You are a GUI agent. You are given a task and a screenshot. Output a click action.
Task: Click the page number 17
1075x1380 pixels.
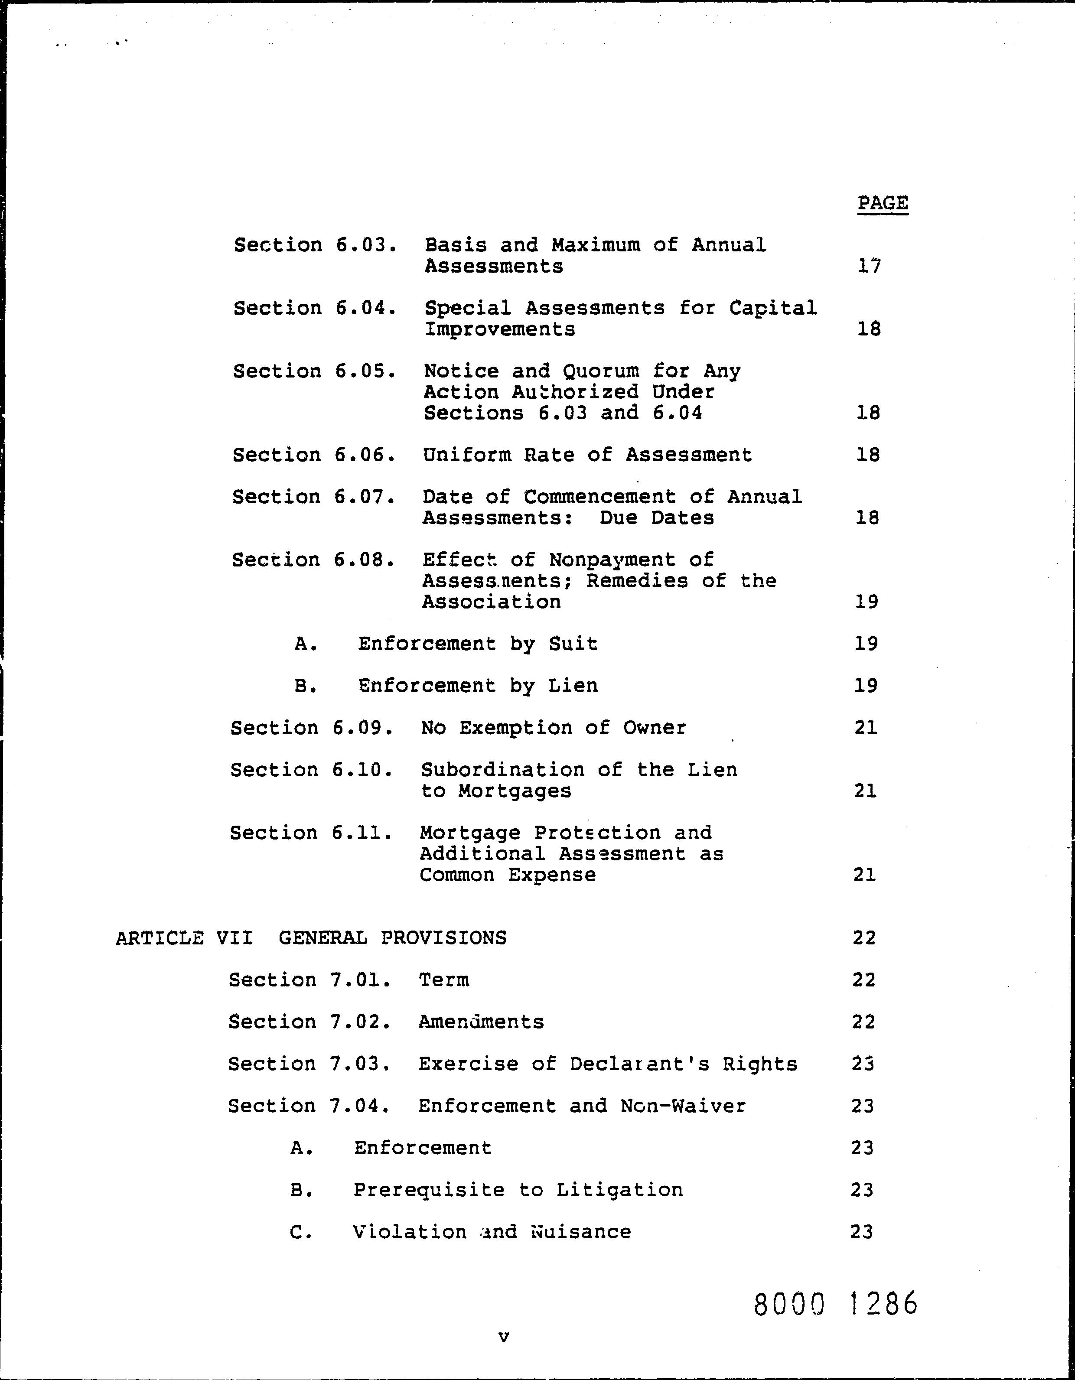(x=869, y=266)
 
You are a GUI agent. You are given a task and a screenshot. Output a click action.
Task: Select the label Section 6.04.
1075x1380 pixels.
(x=315, y=308)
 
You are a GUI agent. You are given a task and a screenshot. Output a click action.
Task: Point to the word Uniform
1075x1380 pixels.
(x=466, y=455)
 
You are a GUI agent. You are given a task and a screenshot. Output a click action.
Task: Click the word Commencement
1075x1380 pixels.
(x=599, y=497)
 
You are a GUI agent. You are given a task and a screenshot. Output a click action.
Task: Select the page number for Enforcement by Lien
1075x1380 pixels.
(x=866, y=686)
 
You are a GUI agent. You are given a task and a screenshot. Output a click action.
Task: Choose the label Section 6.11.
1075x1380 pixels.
(x=311, y=833)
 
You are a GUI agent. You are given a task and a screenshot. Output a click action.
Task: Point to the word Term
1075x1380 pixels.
(x=443, y=980)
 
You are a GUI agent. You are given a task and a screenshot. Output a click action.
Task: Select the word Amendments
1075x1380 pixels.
(x=481, y=1022)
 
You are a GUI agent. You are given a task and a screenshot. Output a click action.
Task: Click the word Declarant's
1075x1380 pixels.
(x=639, y=1064)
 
